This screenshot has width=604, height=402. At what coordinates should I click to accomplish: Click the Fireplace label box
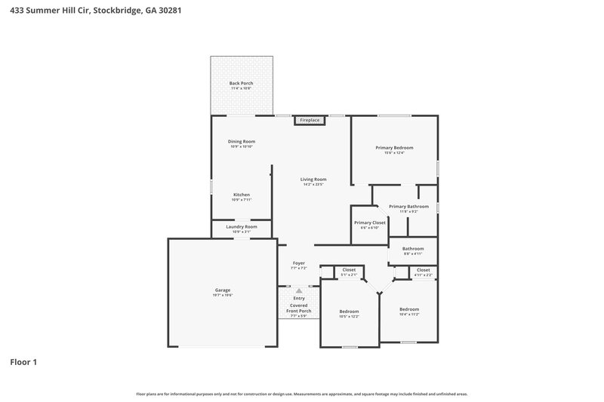tap(310, 120)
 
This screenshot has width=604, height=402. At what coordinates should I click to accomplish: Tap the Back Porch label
tap(241, 83)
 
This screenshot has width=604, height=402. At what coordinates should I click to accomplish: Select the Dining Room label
tap(242, 142)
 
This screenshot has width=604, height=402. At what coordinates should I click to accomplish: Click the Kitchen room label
tap(241, 195)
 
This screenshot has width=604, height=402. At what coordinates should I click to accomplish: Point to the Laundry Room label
tap(241, 227)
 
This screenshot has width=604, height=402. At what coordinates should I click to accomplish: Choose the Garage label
tap(222, 290)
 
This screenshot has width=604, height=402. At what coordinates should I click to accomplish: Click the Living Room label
tap(313, 180)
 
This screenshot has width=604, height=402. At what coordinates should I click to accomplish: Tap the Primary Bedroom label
tap(394, 148)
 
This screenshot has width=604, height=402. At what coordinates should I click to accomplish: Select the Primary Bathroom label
tap(408, 207)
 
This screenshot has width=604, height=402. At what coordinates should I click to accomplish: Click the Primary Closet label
tap(370, 222)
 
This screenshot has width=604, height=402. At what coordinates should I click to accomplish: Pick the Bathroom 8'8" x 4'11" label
tap(412, 249)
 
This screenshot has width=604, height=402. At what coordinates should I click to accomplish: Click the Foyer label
tap(298, 263)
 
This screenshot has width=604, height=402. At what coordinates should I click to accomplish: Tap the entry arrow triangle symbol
tap(299, 290)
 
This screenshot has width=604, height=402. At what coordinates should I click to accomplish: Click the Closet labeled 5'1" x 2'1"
tap(349, 270)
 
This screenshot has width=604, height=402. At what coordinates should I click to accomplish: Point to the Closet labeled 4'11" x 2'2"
tap(423, 270)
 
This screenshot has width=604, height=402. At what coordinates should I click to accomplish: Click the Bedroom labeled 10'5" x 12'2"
tap(349, 311)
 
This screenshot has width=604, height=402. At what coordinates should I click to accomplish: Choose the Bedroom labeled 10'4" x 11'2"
tap(408, 309)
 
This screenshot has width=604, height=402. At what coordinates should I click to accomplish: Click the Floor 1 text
tap(23, 362)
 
